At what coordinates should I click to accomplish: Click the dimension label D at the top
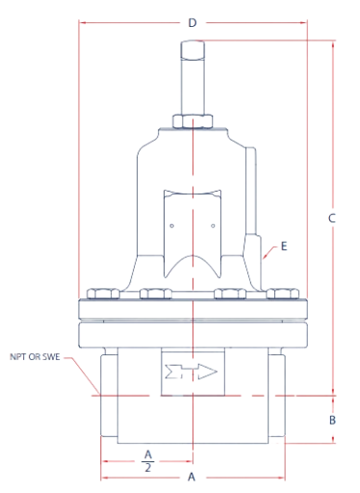pyautogui.click(x=193, y=21)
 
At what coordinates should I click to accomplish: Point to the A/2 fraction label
pyautogui.click(x=147, y=458)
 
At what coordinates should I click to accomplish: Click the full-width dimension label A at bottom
pyautogui.click(x=192, y=477)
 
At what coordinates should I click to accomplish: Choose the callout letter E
pyautogui.click(x=284, y=246)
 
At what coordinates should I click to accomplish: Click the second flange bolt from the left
pyautogui.click(x=154, y=294)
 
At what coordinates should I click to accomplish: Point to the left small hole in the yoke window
pyautogui.click(x=171, y=226)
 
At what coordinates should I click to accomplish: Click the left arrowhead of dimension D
pyautogui.click(x=82, y=21)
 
